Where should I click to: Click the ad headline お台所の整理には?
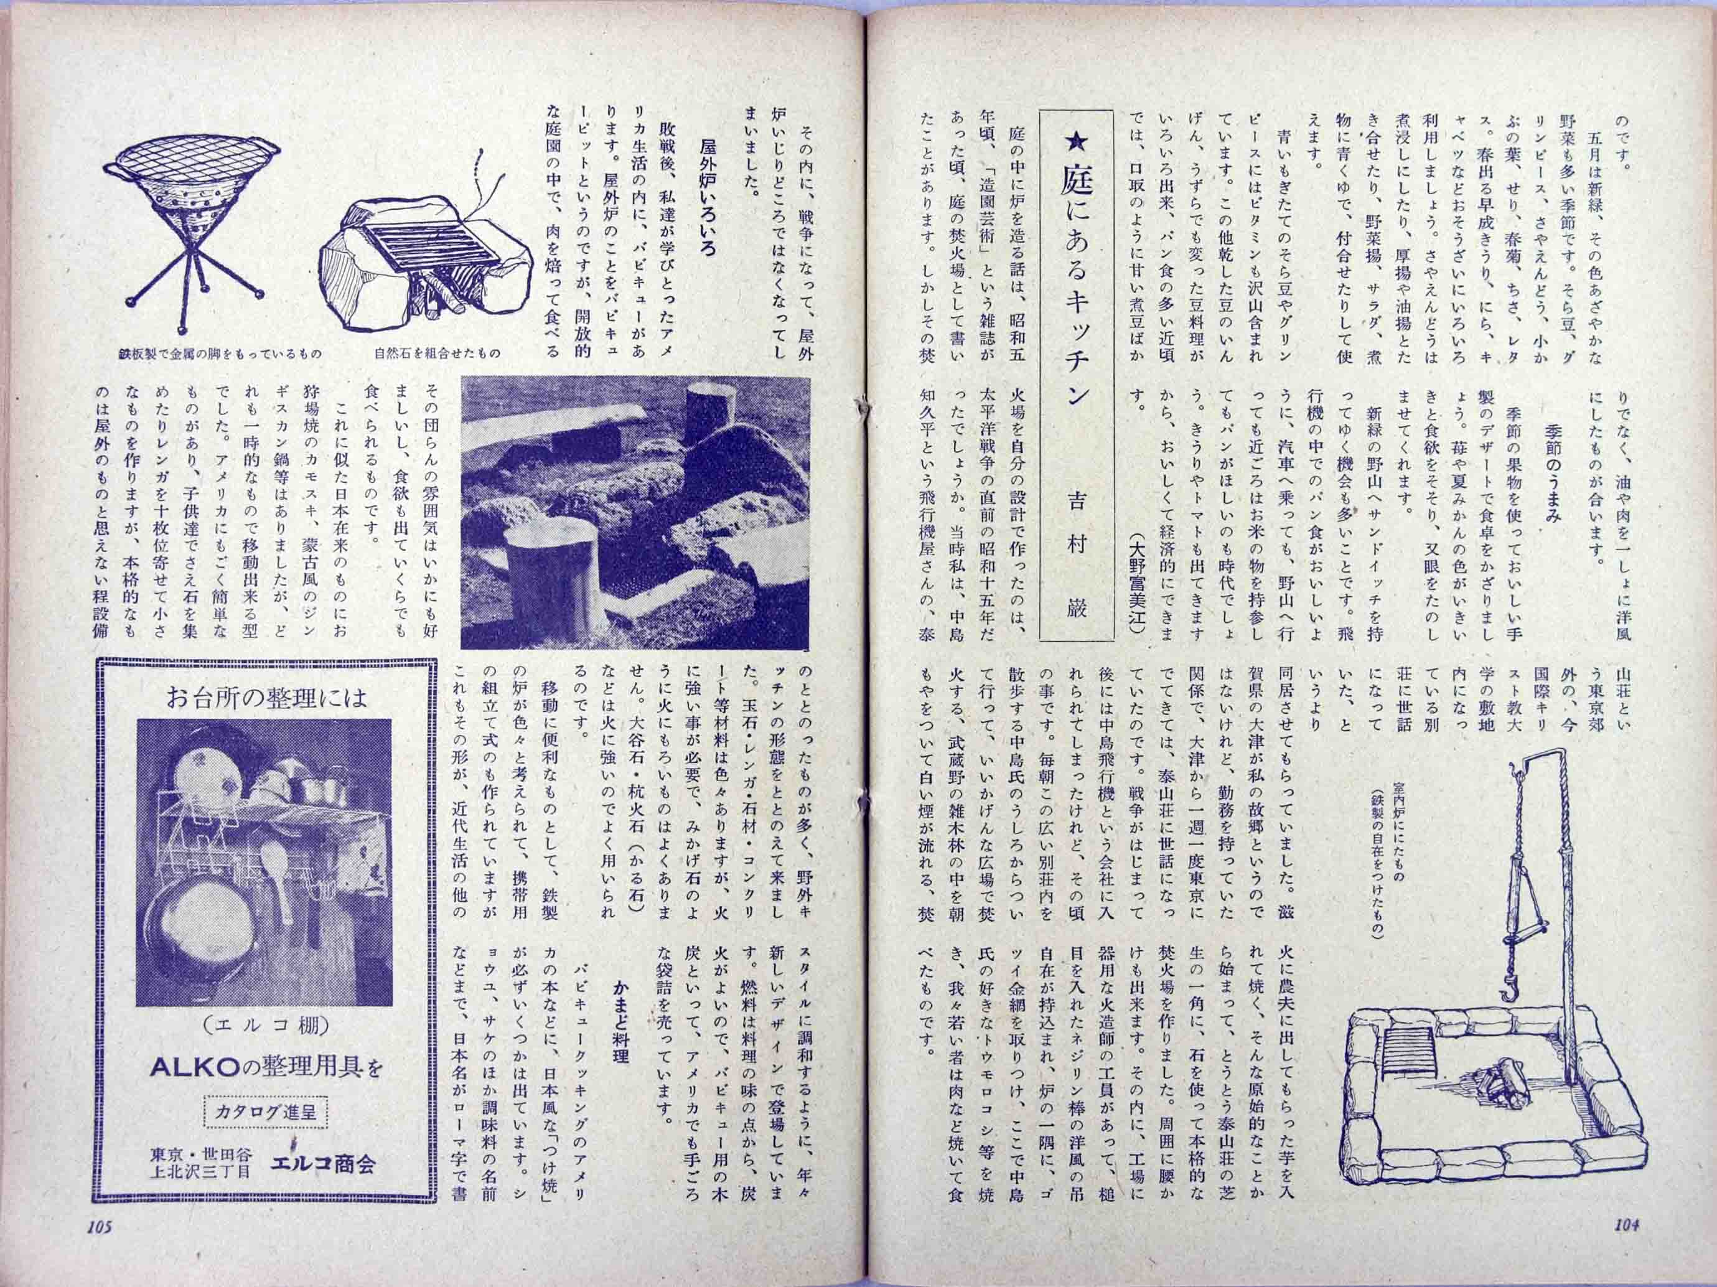(266, 698)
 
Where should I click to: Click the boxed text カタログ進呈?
(266, 1115)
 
